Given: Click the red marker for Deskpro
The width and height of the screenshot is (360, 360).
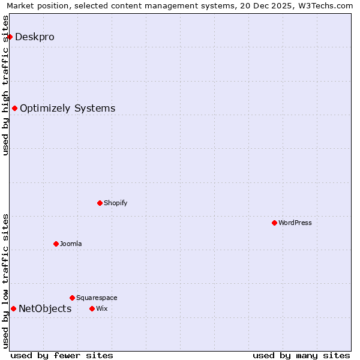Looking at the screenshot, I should click(x=10, y=37).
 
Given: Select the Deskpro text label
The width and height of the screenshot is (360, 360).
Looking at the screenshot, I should click(x=35, y=37).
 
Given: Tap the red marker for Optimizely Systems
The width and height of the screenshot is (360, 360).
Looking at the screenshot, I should click(x=14, y=108).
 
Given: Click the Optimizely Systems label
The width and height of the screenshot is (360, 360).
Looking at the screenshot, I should click(x=67, y=109).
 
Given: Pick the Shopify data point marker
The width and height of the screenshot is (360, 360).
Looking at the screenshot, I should click(x=100, y=203).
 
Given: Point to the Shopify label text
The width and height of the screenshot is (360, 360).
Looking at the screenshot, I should click(x=115, y=203).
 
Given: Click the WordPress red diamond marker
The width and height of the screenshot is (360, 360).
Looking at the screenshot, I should click(x=274, y=223).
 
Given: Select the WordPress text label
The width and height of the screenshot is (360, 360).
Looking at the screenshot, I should click(x=295, y=223).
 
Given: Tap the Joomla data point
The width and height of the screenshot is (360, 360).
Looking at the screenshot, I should click(x=56, y=244).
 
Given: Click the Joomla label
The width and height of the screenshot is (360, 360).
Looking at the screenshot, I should click(x=71, y=244).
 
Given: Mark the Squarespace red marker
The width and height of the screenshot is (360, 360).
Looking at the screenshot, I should click(x=72, y=298).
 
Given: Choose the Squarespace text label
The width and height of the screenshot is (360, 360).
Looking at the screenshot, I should click(x=97, y=298).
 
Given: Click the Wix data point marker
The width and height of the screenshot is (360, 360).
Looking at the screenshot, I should click(x=92, y=308).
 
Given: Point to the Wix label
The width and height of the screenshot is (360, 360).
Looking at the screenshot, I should click(x=101, y=309).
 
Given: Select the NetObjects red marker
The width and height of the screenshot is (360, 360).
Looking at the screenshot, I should click(x=13, y=308).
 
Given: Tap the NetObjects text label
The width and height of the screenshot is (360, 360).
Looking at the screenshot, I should click(x=45, y=309).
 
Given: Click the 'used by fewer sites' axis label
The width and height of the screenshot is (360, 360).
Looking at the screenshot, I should click(x=62, y=355).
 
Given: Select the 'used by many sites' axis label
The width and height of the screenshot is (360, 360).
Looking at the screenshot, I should click(x=301, y=355).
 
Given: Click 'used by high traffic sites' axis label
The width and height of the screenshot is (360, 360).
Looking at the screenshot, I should click(x=5, y=85).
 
